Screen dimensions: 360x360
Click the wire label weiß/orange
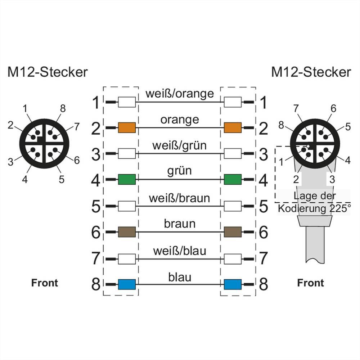tap(180, 94)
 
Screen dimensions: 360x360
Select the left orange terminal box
tap(127, 127)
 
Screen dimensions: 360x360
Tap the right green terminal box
tap(233, 179)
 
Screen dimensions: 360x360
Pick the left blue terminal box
tap(127, 284)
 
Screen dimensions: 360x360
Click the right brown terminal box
tap(233, 232)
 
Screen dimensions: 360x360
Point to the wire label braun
tap(180, 224)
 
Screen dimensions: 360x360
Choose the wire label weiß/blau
tap(180, 250)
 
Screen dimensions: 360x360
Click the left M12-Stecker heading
tap(48, 72)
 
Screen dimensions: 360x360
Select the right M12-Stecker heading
tap(311, 72)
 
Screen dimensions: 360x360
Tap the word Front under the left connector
tap(45, 283)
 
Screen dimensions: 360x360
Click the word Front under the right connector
tap(310, 283)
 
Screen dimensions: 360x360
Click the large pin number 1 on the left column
tap(95, 103)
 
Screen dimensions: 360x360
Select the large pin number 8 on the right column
tap(264, 285)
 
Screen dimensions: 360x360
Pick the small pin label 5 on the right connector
tap(347, 126)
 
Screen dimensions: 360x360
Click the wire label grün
tap(180, 171)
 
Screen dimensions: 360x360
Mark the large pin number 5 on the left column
tap(95, 207)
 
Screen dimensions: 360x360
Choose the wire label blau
tap(180, 277)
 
